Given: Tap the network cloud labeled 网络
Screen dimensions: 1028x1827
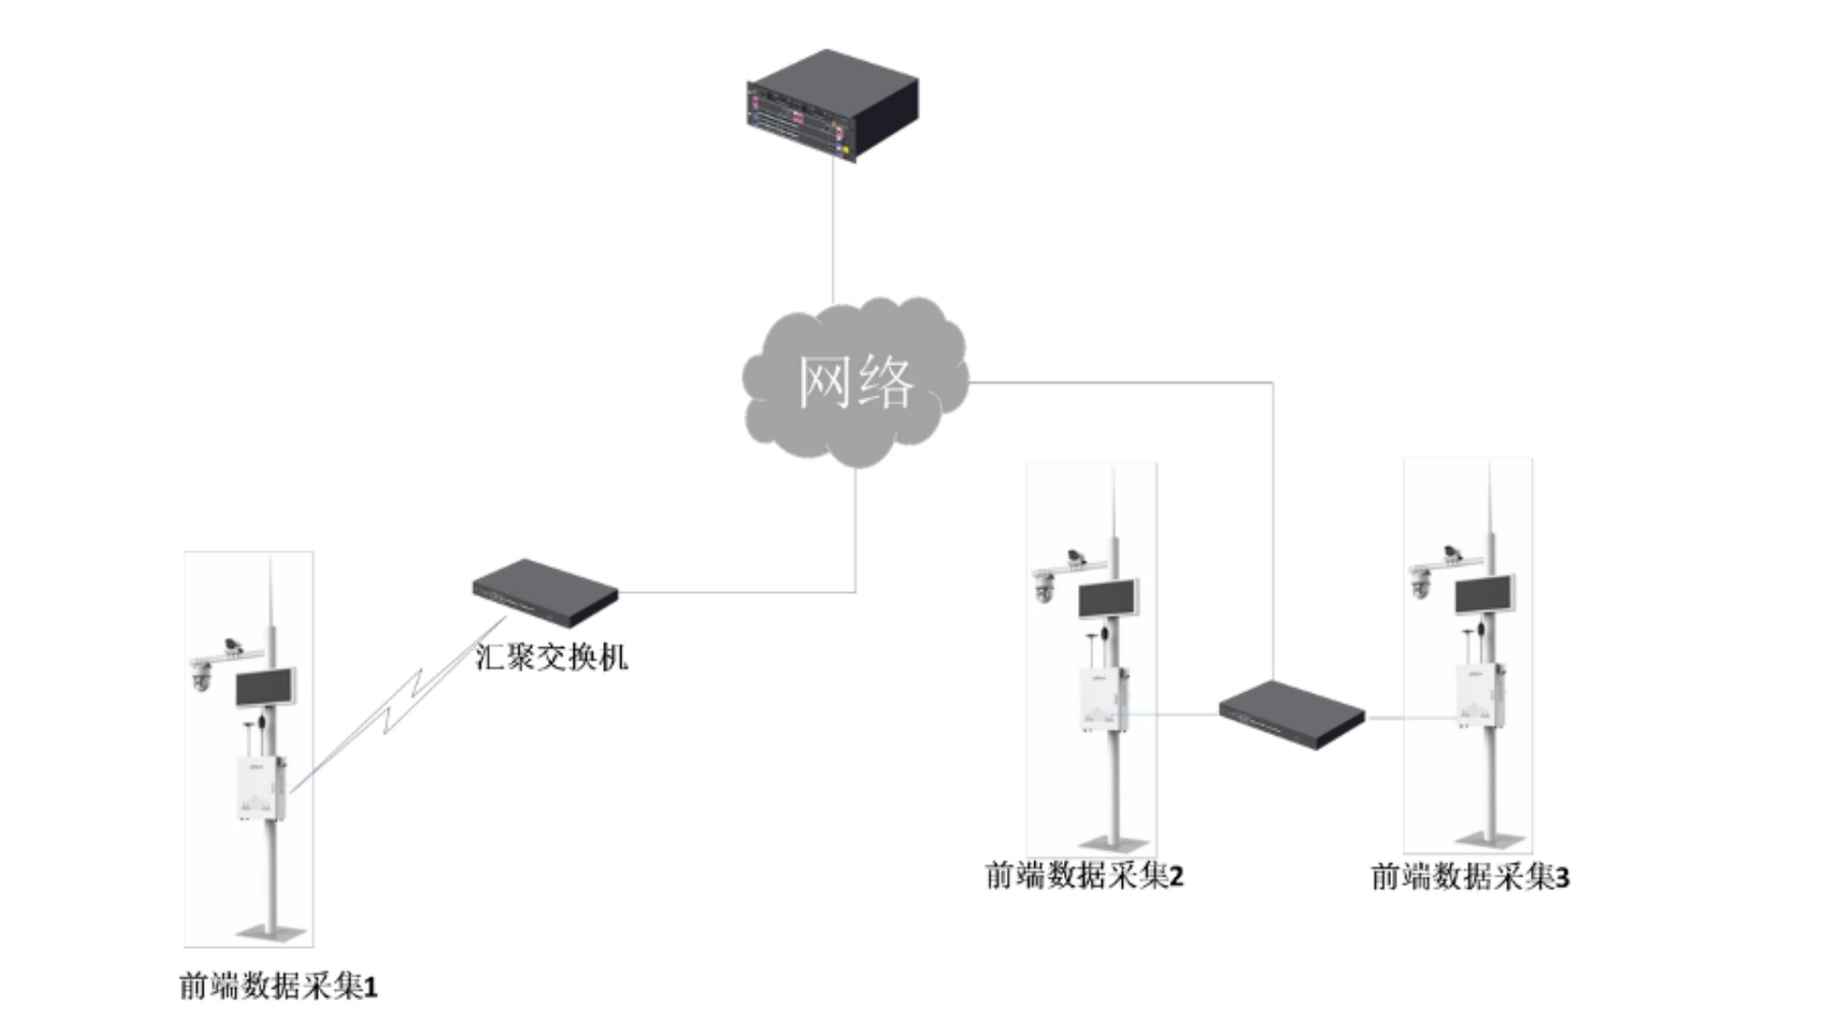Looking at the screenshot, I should pyautogui.click(x=855, y=381).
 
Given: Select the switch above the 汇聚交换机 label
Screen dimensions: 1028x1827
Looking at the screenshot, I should pyautogui.click(x=545, y=591).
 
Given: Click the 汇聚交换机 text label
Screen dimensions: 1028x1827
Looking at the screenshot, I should pyautogui.click(x=551, y=657).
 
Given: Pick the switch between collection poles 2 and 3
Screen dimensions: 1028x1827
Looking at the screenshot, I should pyautogui.click(x=1291, y=714).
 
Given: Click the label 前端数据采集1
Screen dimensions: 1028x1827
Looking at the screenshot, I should pyautogui.click(x=278, y=986).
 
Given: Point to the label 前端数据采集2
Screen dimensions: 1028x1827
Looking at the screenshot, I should pyautogui.click(x=1084, y=876).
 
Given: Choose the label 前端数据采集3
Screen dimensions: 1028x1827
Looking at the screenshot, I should pyautogui.click(x=1469, y=877).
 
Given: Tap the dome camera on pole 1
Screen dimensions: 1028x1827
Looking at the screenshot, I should pyautogui.click(x=201, y=677).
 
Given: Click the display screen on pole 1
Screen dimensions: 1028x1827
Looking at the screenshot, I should pyautogui.click(x=265, y=688).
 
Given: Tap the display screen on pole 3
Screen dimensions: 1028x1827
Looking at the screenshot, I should pyautogui.click(x=1484, y=595).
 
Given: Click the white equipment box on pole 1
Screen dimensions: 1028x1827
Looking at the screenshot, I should pyautogui.click(x=260, y=787).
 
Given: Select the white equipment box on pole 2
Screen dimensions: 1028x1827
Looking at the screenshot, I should pyautogui.click(x=1103, y=700).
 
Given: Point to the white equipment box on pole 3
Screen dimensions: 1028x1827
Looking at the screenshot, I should pyautogui.click(x=1479, y=696).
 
